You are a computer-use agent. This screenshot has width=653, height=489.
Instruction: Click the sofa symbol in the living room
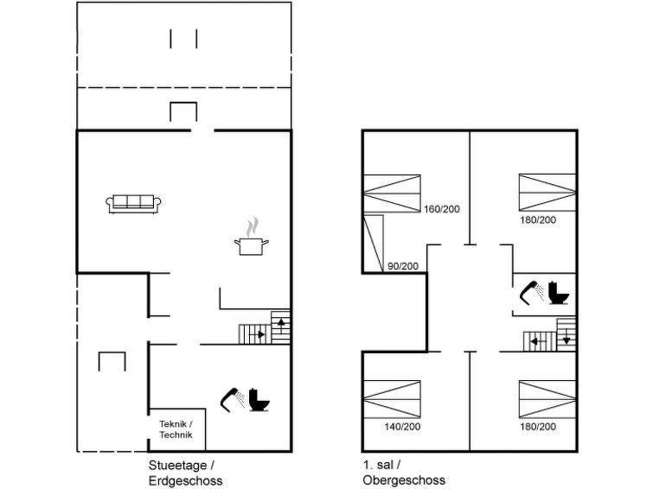tap(133, 204)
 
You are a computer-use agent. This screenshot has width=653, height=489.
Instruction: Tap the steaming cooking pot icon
tap(251, 237)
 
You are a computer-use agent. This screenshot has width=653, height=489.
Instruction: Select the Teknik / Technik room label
tap(176, 429)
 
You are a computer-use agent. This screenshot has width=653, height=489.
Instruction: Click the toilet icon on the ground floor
tap(259, 400)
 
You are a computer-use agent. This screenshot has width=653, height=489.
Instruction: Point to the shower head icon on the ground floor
tap(233, 400)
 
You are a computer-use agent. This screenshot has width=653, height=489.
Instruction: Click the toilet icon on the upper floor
tap(559, 293)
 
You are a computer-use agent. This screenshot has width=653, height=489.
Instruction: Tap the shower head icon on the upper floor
tap(532, 293)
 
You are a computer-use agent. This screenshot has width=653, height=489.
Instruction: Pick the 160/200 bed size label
tap(442, 209)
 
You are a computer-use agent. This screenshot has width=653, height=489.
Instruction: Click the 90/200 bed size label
tap(403, 266)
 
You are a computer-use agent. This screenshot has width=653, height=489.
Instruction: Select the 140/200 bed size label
tap(402, 427)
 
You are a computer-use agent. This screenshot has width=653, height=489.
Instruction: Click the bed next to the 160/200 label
tap(392, 194)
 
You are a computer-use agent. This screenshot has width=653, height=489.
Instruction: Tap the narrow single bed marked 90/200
tap(373, 244)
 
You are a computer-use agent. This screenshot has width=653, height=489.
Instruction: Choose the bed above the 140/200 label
tap(392, 399)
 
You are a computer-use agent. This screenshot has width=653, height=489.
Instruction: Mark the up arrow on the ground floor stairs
tap(281, 325)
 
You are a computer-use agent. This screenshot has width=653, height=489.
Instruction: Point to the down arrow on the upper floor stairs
tap(567, 336)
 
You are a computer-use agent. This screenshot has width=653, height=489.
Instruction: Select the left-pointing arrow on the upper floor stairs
tap(538, 342)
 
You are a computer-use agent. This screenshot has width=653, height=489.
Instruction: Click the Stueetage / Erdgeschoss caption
tap(185, 473)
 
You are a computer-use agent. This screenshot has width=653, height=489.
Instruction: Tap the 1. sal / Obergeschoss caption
tap(404, 473)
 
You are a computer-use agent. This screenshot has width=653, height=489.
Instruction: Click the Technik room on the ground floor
tap(177, 429)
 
